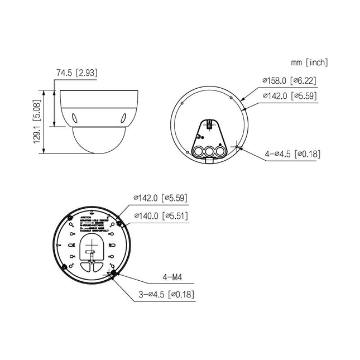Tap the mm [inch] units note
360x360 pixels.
(309, 62)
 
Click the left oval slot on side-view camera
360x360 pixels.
(74, 117)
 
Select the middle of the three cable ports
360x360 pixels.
(208, 151)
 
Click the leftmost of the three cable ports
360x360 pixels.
(197, 150)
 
